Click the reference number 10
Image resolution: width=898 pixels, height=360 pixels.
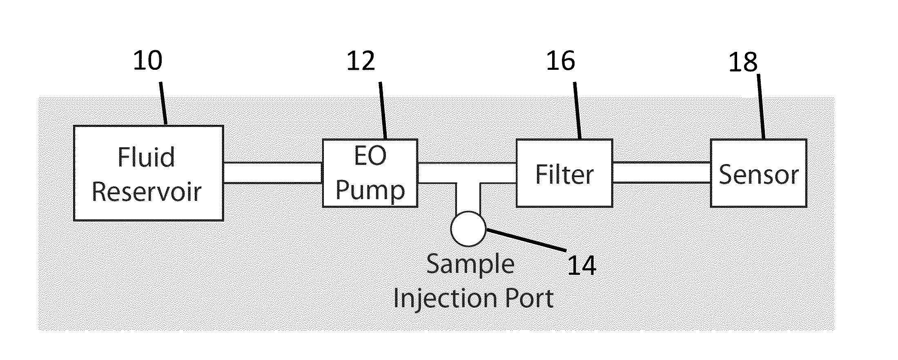pos(148,61)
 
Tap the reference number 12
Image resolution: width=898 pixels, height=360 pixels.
pos(361,61)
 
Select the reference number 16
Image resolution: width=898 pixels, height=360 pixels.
pos(561,61)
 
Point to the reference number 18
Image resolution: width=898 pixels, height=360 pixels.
pos(743,62)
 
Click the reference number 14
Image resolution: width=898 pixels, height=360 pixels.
pos(582,265)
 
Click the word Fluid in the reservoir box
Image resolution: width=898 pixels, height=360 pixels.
pos(146,157)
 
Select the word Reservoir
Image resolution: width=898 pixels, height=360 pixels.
pos(147,191)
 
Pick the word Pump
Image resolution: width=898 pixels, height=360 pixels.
pos(370,190)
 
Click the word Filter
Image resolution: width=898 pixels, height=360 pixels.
pos(564,175)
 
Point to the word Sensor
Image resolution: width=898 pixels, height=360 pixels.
pos(758,175)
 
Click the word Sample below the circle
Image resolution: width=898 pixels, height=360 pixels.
pos(470,264)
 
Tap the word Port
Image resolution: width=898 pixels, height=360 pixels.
pos(529,298)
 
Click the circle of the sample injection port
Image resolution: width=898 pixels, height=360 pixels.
pos(468,229)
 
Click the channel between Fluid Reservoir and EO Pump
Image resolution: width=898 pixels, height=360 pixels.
pos(273,173)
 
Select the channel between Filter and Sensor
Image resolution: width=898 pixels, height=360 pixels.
pos(662,173)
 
